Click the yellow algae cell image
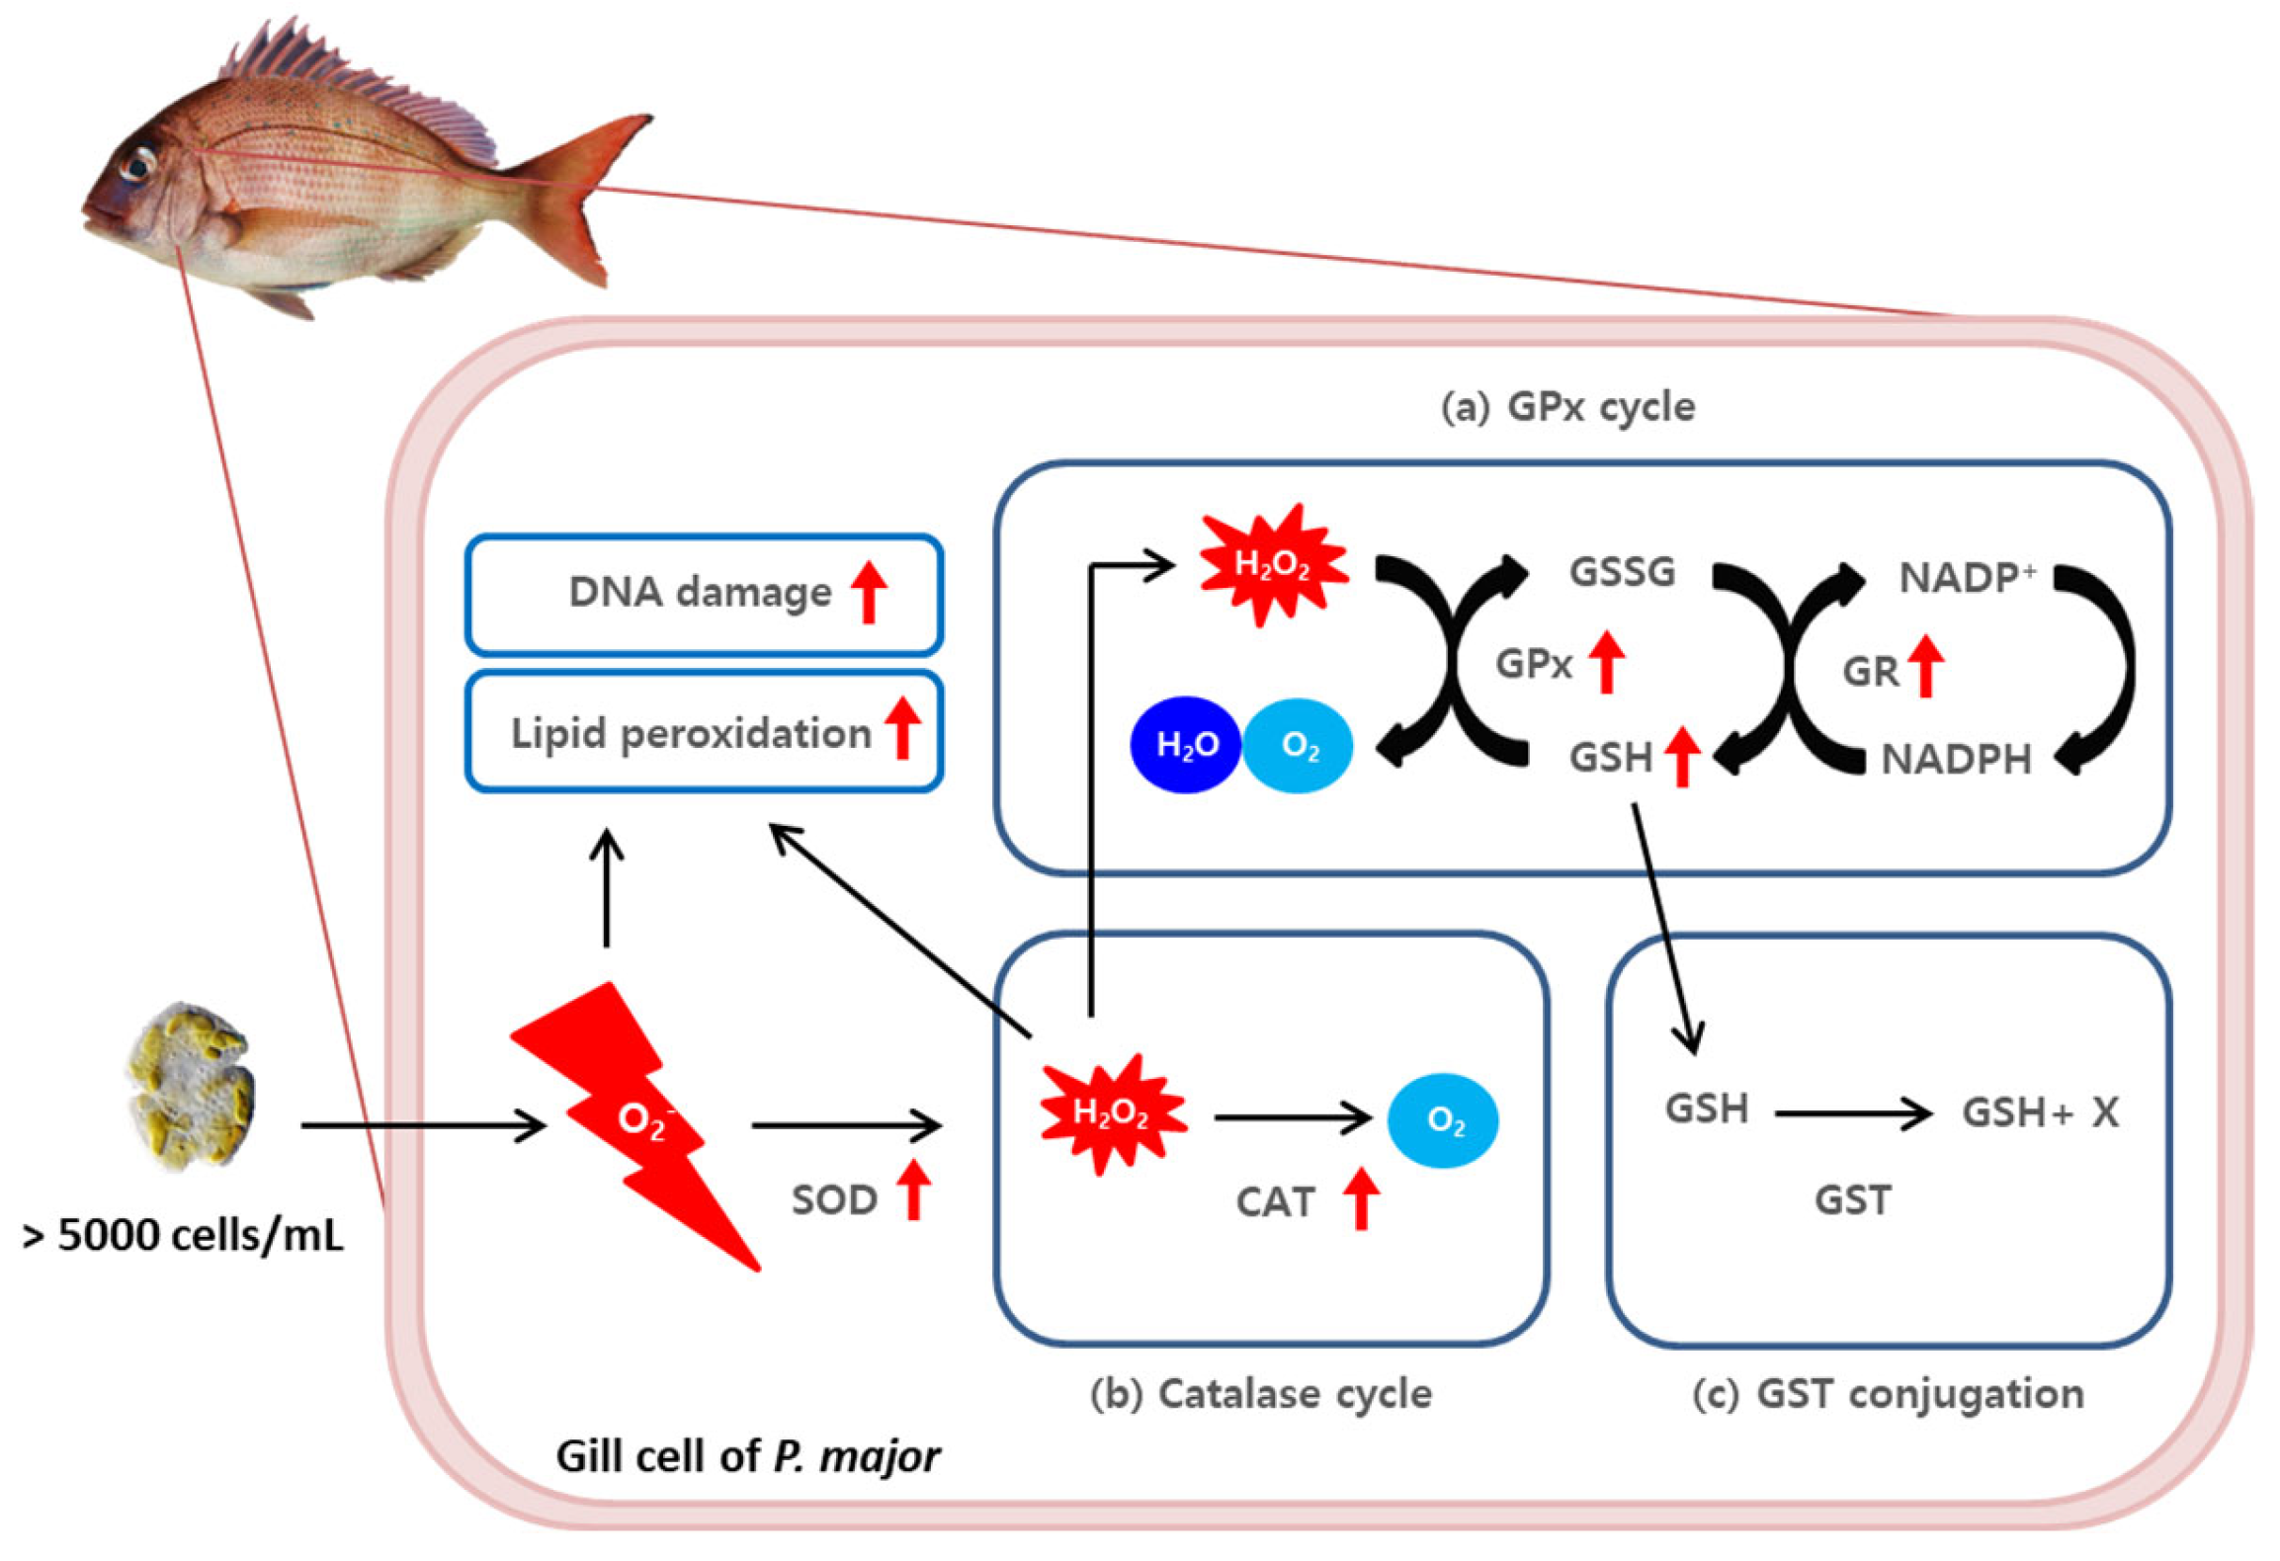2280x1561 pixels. (x=190, y=1087)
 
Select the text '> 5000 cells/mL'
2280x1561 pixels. (x=183, y=1235)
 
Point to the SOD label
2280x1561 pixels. (x=834, y=1200)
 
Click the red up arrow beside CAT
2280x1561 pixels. (x=1361, y=1197)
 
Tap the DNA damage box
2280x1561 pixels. (x=704, y=594)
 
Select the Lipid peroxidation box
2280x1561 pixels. (x=704, y=732)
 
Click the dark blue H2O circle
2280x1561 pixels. (x=1185, y=745)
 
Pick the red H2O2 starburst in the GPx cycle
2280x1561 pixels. (x=1273, y=565)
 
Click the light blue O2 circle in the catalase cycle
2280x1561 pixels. (x=1442, y=1119)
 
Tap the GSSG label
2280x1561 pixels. (x=1622, y=572)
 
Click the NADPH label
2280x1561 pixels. (x=1956, y=760)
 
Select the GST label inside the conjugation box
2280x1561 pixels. (x=1852, y=1200)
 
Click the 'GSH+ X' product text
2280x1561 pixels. (x=2040, y=1113)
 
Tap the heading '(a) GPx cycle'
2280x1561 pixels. (x=1567, y=407)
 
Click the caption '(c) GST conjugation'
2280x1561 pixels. (x=1888, y=1394)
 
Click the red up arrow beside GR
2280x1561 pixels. (x=1925, y=666)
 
